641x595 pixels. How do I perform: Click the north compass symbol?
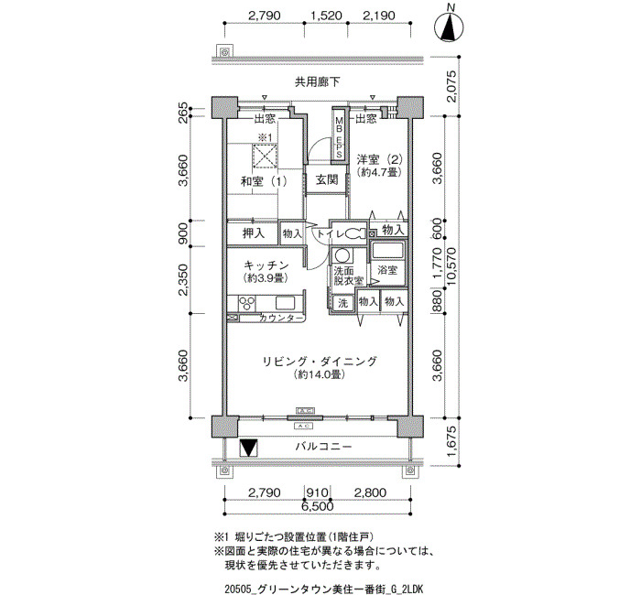point(450,27)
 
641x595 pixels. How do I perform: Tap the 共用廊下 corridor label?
point(318,82)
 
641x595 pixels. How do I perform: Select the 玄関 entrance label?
point(327,179)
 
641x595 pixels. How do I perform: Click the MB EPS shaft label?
point(339,137)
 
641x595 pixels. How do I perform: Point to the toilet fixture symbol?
point(354,234)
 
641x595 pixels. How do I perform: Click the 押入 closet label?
point(254,233)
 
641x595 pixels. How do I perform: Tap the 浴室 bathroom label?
point(387,270)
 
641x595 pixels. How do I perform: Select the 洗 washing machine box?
point(343,303)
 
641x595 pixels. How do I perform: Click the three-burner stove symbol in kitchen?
point(246,304)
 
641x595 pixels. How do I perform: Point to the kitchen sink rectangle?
point(285,303)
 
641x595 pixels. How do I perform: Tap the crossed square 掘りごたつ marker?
point(265,156)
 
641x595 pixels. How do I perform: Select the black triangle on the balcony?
point(248,448)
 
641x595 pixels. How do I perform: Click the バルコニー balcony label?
point(323,447)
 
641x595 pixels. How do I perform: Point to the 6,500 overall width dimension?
point(318,507)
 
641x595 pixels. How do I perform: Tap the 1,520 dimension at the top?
point(326,16)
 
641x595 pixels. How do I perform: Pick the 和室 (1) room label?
point(264,181)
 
